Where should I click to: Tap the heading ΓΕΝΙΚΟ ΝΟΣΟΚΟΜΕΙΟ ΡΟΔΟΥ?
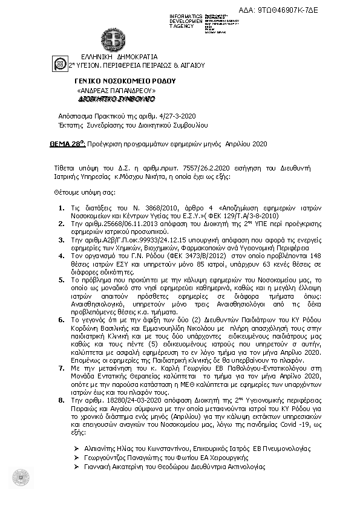click(125, 80)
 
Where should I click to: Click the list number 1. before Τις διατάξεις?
click(71, 208)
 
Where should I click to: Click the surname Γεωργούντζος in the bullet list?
click(106, 458)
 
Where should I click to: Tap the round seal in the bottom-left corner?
click(22, 477)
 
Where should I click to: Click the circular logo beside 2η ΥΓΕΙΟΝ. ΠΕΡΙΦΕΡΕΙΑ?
click(61, 63)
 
